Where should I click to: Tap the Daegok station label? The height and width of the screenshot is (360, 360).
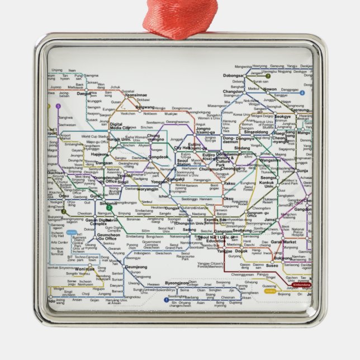pos(84,94)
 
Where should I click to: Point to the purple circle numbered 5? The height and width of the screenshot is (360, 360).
pos(58,106)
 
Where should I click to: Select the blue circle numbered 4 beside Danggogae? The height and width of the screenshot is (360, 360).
pos(302,93)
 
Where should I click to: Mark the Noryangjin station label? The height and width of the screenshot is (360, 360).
pos(136,189)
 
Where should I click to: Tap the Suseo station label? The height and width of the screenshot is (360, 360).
pos(272,266)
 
